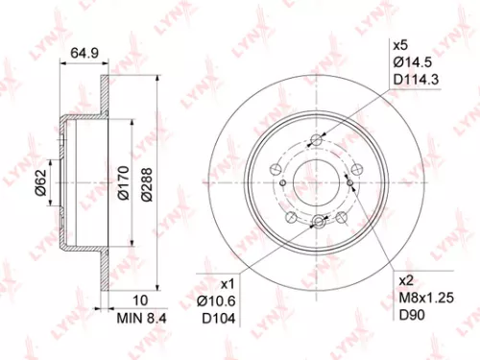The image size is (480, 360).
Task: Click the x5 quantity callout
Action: point(400,44)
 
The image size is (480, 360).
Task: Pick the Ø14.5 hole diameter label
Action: point(411,61)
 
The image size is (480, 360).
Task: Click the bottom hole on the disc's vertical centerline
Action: point(316,225)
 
